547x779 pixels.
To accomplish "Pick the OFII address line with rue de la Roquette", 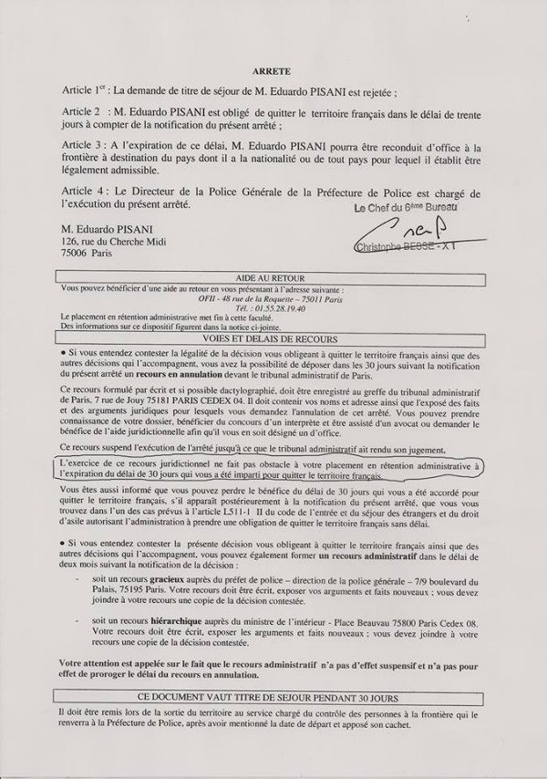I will (273, 295).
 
